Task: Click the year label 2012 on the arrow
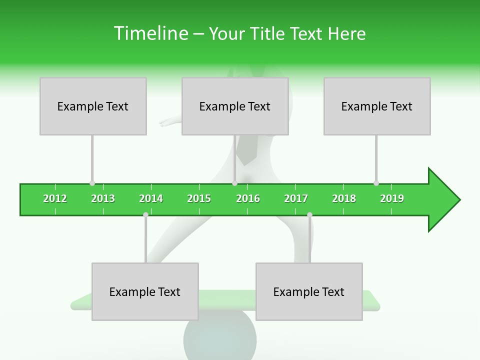(55, 198)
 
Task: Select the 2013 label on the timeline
(103, 198)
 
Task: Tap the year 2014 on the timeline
(151, 198)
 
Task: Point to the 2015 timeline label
(199, 198)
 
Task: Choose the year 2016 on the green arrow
(248, 198)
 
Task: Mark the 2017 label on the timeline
(296, 198)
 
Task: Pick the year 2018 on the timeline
(344, 198)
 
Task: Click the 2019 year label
(392, 198)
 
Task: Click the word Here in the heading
(346, 33)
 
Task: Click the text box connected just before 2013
(93, 106)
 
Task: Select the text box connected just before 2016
(235, 106)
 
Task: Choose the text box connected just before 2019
(377, 106)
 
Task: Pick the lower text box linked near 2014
(145, 291)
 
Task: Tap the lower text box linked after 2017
(309, 291)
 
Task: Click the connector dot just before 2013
(92, 183)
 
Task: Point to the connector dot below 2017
(309, 215)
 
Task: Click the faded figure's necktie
(246, 150)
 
